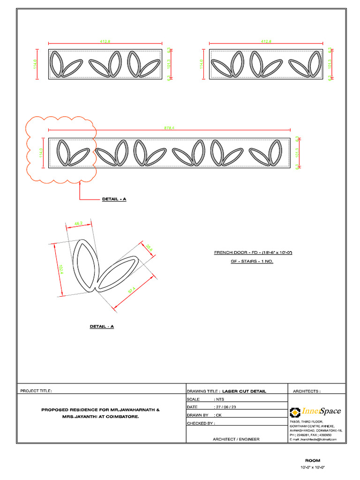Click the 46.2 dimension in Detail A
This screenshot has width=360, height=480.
[x=78, y=224]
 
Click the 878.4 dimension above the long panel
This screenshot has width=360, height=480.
[x=169, y=129]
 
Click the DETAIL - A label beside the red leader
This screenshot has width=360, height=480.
[x=114, y=199]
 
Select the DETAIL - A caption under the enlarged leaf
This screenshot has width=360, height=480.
[x=102, y=326]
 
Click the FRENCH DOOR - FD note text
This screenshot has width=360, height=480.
[x=253, y=253]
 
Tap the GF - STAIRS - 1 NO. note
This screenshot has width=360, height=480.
[x=252, y=261]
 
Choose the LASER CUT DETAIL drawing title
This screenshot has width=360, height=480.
[x=244, y=390]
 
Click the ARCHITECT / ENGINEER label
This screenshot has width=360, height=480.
[x=236, y=439]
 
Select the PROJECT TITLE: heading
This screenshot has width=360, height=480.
[x=36, y=390]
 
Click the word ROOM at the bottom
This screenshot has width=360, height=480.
[x=313, y=461]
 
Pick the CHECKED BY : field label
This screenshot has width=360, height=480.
[x=201, y=423]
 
